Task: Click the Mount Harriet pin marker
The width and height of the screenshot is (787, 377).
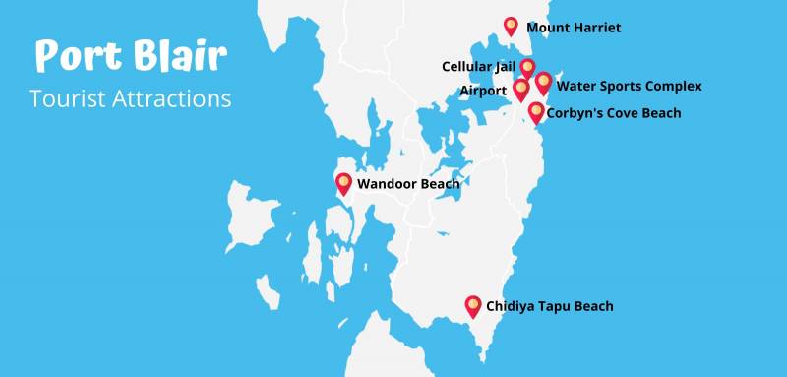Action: [x=511, y=27]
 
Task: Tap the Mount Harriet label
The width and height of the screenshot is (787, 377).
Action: [x=574, y=29]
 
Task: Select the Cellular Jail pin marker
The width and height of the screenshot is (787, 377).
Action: [x=527, y=68]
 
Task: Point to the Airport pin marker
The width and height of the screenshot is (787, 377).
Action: [x=521, y=90]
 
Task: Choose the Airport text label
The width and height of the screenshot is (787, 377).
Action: [x=483, y=91]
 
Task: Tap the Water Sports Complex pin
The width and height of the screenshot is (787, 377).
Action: [x=543, y=83]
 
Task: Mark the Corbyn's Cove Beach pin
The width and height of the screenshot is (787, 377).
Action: [x=536, y=112]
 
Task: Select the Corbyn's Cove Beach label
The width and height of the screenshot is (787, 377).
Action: [x=614, y=113]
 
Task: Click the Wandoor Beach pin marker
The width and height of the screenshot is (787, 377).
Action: [x=344, y=183]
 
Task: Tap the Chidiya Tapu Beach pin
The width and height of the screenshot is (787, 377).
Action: [x=473, y=306]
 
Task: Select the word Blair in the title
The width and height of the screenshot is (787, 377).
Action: [x=178, y=55]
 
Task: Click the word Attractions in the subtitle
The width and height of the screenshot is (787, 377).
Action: [x=171, y=99]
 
